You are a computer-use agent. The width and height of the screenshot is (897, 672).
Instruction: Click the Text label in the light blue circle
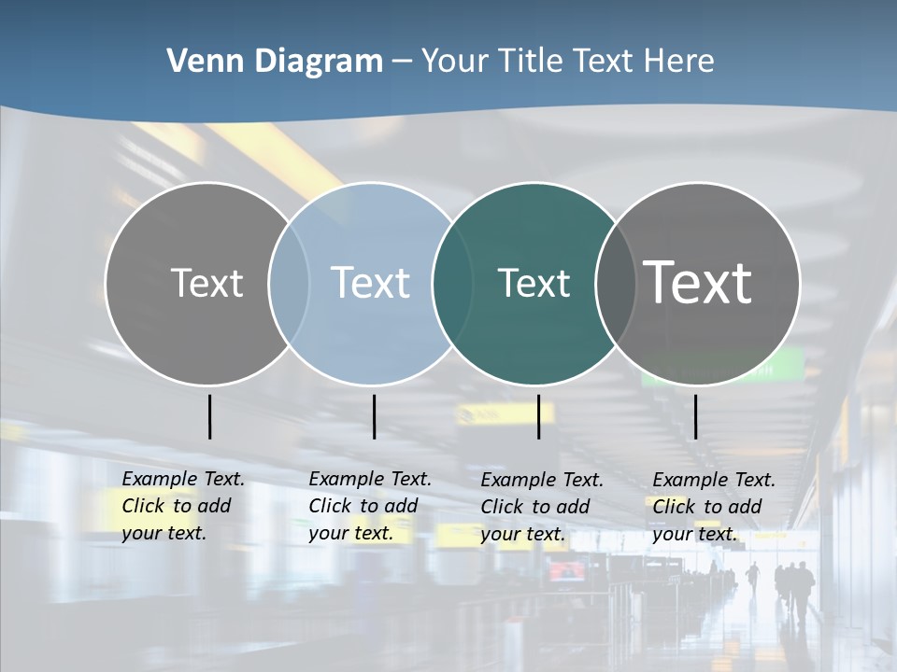tap(371, 283)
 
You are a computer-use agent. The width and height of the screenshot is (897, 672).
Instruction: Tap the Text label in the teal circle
tap(534, 283)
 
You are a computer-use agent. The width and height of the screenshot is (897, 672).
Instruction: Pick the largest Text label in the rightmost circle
tap(698, 283)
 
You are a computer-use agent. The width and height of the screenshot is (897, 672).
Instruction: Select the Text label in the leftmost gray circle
tap(206, 283)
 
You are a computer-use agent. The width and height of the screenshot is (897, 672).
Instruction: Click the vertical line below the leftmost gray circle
tap(210, 416)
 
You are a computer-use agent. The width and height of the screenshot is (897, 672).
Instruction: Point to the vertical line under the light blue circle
tap(374, 416)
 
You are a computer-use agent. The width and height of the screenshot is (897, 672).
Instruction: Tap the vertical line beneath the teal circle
tap(538, 416)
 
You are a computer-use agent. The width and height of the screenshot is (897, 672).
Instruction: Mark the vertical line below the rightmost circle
tap(695, 416)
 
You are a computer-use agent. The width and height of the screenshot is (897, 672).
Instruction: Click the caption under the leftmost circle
tap(183, 506)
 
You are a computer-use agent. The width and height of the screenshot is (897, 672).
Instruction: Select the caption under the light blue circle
tap(370, 506)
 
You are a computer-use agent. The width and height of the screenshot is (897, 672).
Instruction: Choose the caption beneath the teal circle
tap(542, 507)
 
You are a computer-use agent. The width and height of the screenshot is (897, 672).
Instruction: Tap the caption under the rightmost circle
tap(714, 507)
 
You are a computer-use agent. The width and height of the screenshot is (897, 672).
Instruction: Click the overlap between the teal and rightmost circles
tap(611, 284)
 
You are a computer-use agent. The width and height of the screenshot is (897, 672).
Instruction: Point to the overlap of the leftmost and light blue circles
tap(289, 284)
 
